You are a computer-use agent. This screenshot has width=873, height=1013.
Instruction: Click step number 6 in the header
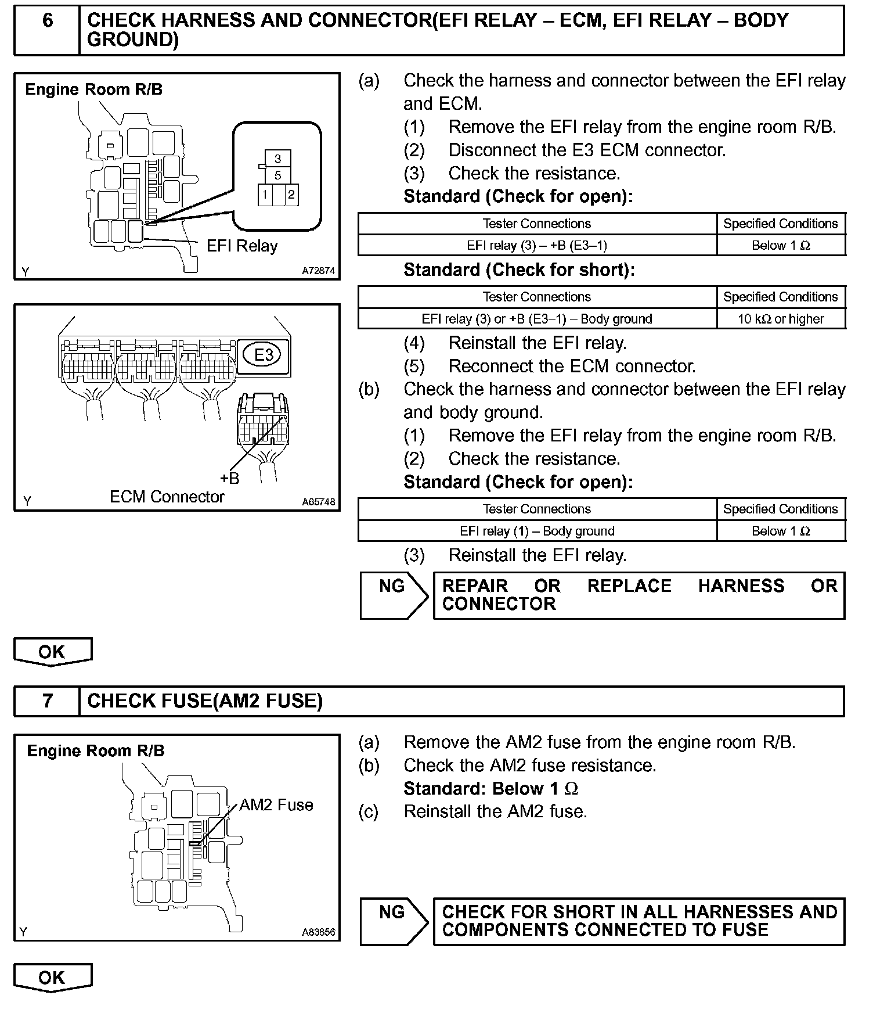48,21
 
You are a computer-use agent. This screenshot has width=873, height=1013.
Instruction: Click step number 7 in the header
48,701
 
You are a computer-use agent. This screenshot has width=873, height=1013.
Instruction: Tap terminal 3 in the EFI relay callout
278,159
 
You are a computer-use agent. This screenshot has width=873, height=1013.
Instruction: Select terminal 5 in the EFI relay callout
278,175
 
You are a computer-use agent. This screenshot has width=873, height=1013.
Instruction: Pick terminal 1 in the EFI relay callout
265,195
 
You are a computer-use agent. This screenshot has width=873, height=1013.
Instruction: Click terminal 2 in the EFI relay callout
291,195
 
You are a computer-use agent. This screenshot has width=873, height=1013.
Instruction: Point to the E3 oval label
264,354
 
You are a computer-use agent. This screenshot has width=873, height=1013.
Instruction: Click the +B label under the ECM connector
229,478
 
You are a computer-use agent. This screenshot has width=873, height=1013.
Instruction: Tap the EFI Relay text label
242,246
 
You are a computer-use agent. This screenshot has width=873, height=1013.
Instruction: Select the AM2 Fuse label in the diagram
276,805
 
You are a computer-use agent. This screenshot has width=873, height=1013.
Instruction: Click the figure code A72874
318,271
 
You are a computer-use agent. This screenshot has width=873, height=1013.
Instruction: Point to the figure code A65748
318,502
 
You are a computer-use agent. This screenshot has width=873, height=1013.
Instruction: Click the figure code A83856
318,932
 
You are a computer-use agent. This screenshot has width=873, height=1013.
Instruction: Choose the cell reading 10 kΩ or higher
781,319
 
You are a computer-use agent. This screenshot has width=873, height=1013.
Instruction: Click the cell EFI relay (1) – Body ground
537,531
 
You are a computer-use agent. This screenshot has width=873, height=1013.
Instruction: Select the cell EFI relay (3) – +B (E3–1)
537,245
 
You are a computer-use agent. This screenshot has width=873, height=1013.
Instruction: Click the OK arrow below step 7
52,978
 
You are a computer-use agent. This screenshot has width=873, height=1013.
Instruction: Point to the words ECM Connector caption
167,497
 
